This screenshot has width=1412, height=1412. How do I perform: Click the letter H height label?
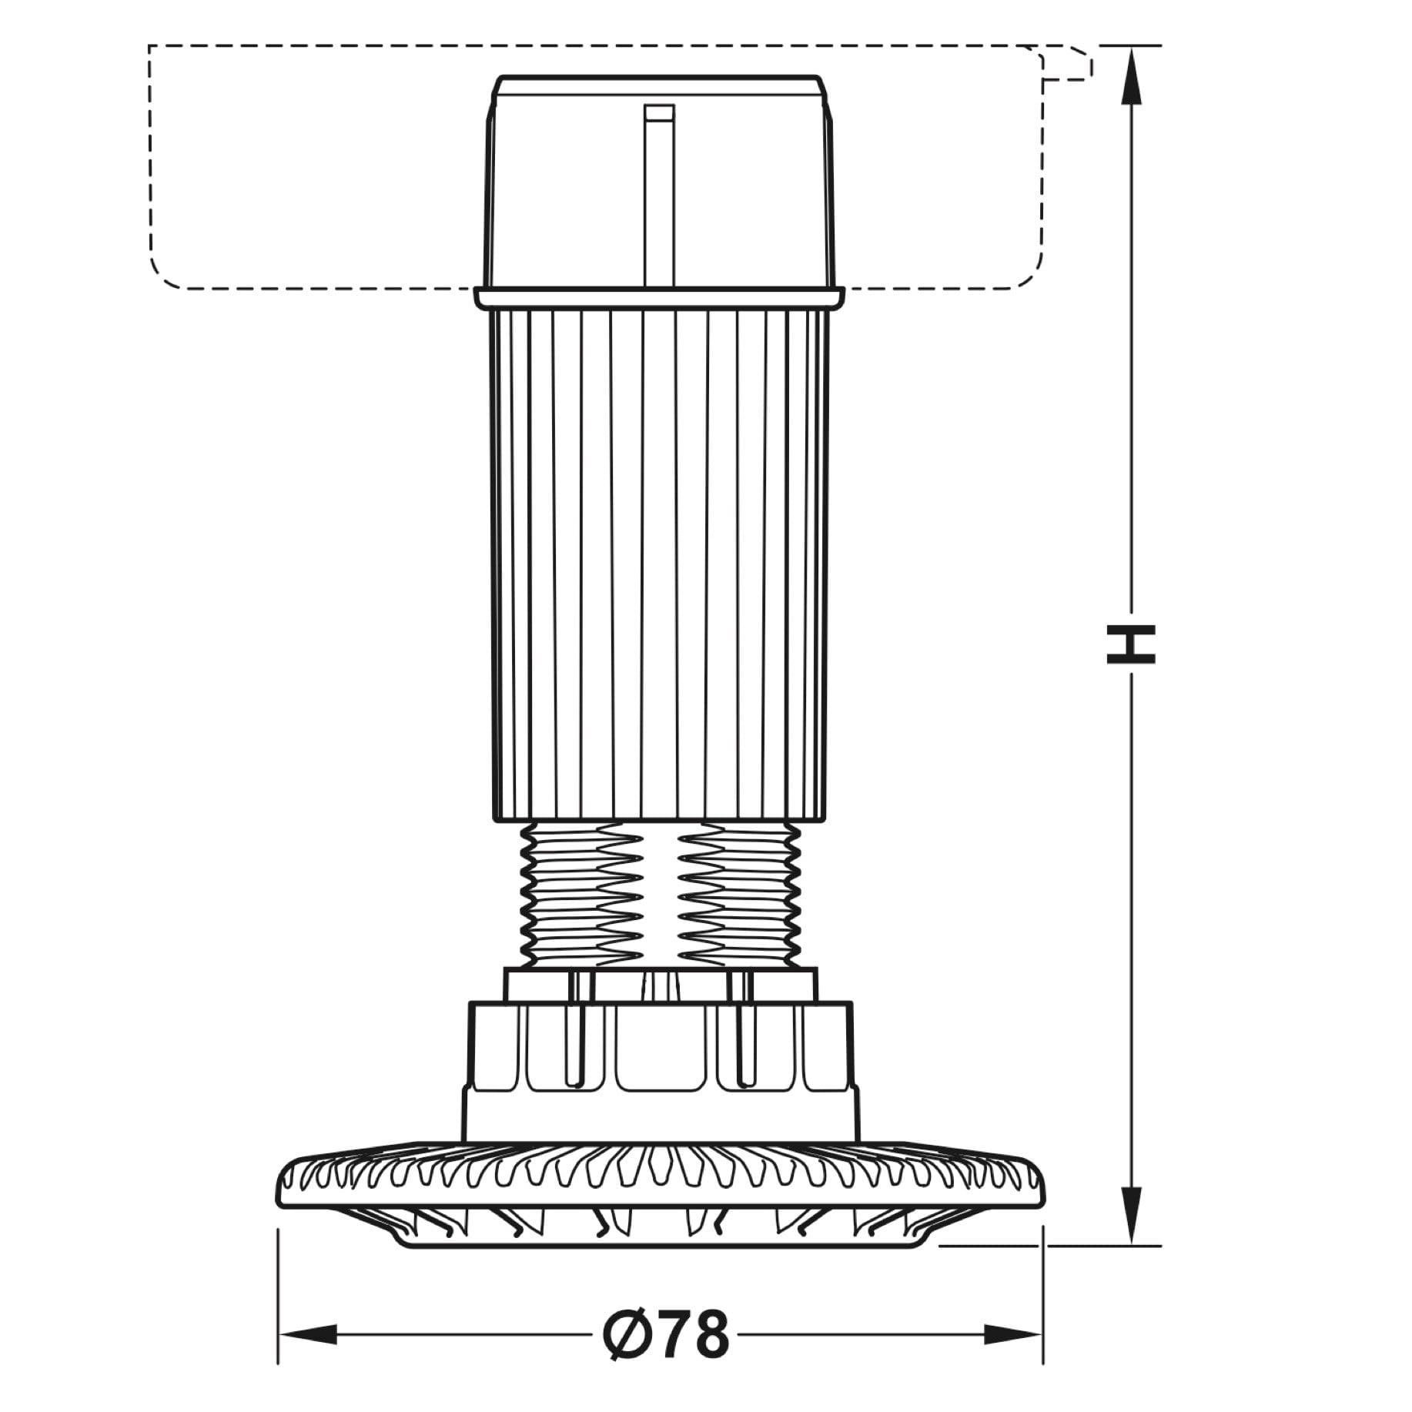pyautogui.click(x=1130, y=643)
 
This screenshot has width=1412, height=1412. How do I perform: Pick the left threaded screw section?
pyautogui.click(x=582, y=894)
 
